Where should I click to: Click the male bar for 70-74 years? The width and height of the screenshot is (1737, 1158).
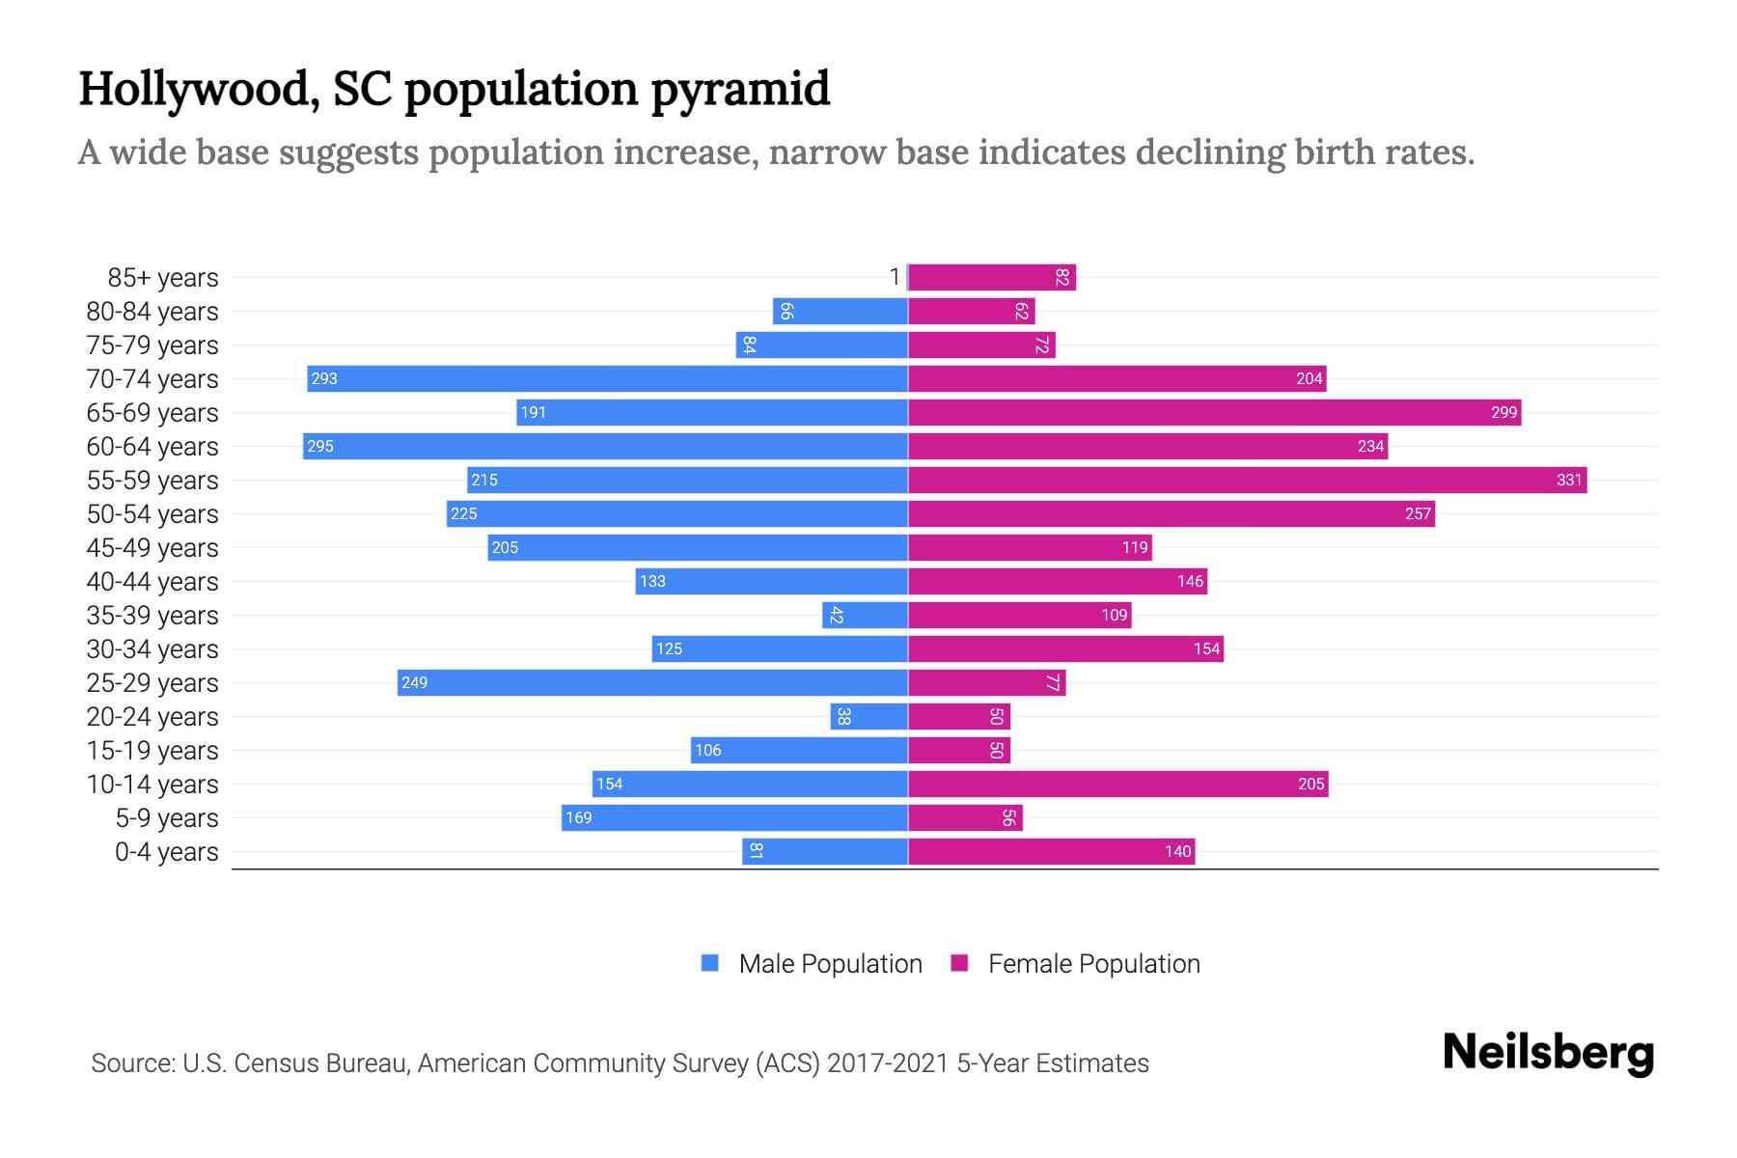tap(608, 378)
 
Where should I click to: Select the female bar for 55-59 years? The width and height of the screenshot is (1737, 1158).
tap(1247, 480)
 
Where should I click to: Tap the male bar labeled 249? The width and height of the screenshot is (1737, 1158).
tap(652, 682)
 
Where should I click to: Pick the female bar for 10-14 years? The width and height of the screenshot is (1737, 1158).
tap(1117, 784)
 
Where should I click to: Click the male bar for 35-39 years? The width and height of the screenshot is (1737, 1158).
tap(865, 615)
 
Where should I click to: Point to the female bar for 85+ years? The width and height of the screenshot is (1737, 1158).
tap(992, 277)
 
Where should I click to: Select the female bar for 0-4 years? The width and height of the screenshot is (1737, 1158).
tap(1051, 851)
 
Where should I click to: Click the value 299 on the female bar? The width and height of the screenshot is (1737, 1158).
tap(1503, 413)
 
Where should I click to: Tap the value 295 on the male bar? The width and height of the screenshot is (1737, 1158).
tap(320, 446)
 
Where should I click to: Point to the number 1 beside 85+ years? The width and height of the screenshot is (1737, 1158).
tap(895, 277)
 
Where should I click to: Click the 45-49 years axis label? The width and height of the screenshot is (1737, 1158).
tap(152, 547)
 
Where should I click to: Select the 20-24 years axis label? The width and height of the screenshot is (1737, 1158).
tap(152, 716)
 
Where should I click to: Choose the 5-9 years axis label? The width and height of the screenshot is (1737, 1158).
tap(167, 817)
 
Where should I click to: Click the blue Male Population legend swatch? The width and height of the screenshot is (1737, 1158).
tap(710, 963)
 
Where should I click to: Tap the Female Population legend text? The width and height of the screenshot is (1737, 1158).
tap(1093, 963)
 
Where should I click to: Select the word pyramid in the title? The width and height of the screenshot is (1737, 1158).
tap(740, 89)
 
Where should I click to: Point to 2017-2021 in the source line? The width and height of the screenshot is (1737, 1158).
tap(888, 1063)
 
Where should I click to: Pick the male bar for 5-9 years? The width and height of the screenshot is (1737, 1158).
tap(734, 817)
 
